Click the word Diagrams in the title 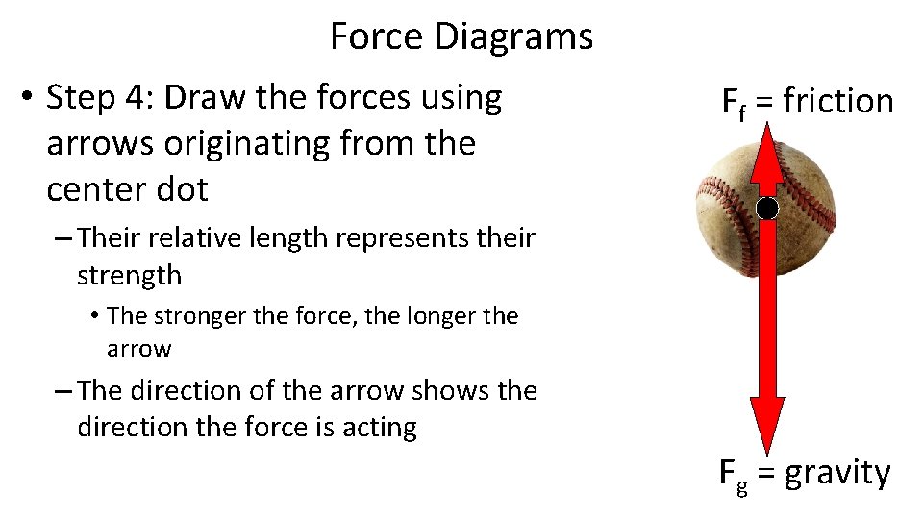pos(513,38)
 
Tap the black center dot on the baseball pos(767,208)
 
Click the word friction pos(838,101)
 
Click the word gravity pos(837,473)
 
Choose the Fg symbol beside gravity pos(734,474)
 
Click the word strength pos(129,276)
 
